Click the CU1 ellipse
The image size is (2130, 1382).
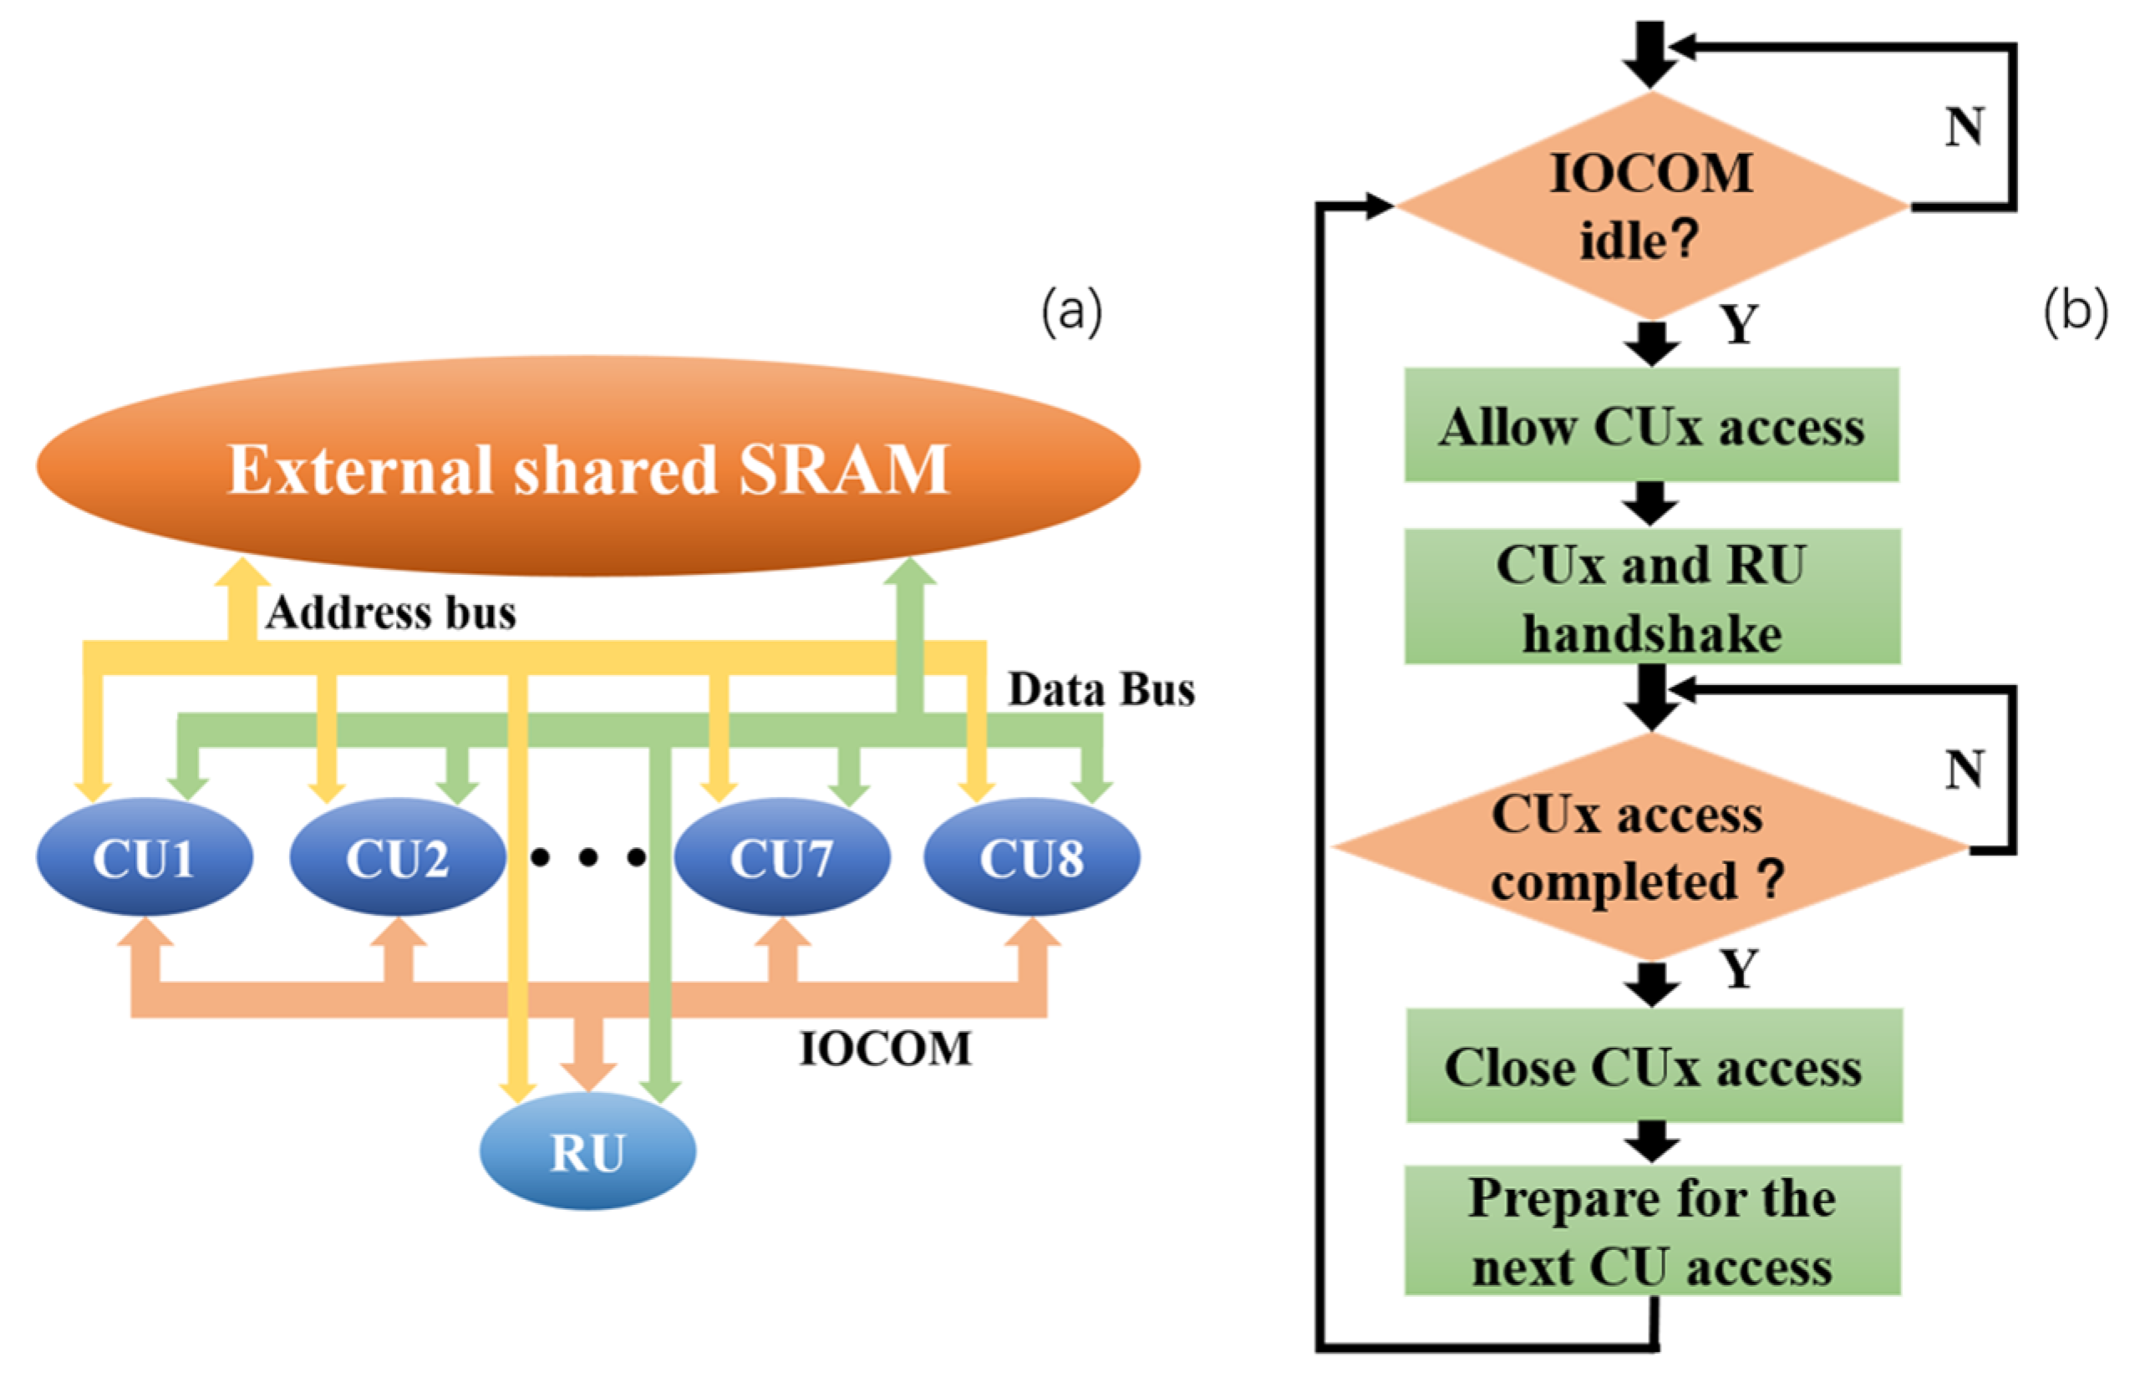click(x=143, y=857)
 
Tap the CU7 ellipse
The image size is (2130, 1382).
click(x=781, y=857)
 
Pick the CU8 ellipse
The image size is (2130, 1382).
click(x=1032, y=857)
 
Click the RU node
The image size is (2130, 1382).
click(x=587, y=1152)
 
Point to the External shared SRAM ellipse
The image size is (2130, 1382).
click(x=588, y=467)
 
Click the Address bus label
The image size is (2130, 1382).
click(x=391, y=614)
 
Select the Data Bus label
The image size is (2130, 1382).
click(x=1101, y=690)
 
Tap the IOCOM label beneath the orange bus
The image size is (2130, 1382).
click(x=885, y=1049)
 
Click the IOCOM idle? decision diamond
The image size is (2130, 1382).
click(x=1651, y=206)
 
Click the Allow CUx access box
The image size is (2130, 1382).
click(x=1651, y=426)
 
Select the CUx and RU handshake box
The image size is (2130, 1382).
click(x=1651, y=598)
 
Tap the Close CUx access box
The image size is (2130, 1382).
click(x=1653, y=1067)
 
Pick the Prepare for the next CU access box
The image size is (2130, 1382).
click(x=1652, y=1232)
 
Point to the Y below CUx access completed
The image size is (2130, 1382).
click(x=1740, y=969)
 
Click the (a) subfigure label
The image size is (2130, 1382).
click(x=1071, y=312)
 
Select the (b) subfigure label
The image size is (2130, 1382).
click(x=2075, y=312)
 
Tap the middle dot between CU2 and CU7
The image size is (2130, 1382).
click(x=588, y=857)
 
